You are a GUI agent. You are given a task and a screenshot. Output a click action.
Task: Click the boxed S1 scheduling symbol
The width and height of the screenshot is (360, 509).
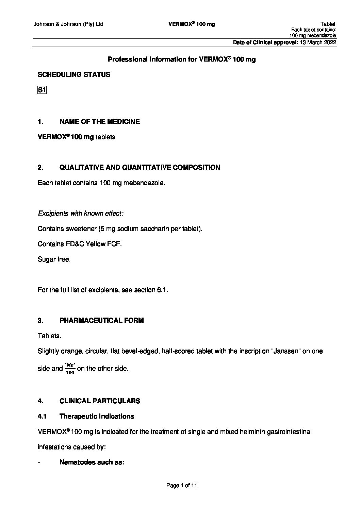42,90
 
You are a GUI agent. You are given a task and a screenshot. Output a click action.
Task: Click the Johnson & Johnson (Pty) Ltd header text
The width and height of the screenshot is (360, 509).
68,24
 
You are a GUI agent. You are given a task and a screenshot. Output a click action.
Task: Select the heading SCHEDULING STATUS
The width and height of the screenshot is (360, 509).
74,75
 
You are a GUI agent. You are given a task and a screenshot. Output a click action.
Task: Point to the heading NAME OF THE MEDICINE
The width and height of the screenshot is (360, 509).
99,121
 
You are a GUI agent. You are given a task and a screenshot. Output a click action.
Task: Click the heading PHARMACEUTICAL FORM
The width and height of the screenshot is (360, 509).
101,320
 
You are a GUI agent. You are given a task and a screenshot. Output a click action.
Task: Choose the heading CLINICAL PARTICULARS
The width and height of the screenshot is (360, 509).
100,401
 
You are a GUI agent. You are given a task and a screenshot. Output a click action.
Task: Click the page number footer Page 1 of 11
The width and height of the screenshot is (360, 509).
181,486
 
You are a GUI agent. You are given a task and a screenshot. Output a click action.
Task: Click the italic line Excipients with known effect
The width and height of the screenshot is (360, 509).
81,214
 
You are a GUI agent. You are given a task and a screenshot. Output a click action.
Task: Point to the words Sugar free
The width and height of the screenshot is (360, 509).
54,259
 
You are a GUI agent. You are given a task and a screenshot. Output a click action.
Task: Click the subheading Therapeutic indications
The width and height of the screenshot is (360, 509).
97,416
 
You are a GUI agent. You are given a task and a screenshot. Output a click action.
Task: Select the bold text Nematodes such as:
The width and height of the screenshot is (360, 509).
92,462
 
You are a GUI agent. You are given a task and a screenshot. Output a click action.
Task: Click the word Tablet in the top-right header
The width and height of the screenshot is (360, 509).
328,24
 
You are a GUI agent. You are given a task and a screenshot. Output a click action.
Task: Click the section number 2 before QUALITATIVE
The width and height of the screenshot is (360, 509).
40,167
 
